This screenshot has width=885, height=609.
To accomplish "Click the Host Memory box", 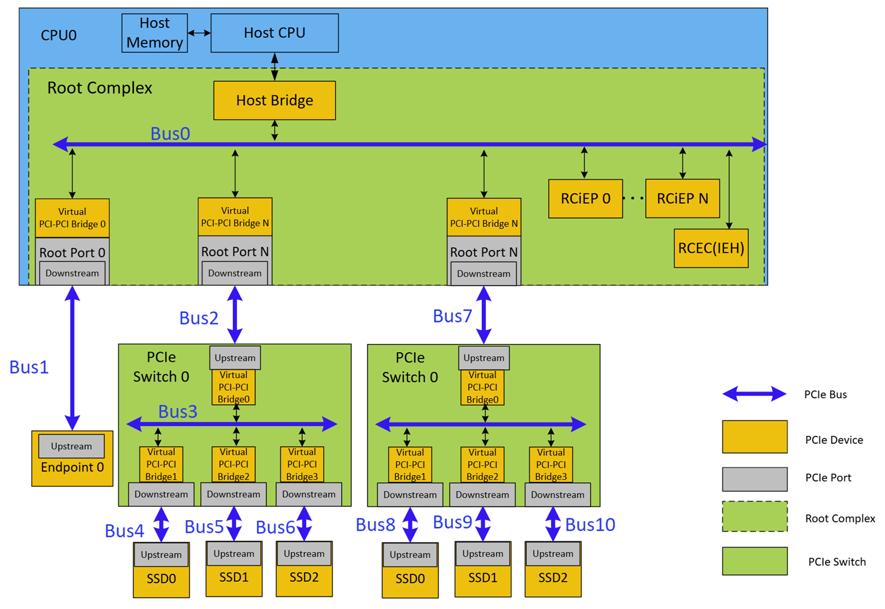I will tap(155, 33).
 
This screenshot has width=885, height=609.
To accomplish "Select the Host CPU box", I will tap(275, 33).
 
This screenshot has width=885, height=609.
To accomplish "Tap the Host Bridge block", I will tap(275, 100).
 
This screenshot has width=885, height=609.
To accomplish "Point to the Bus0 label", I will tap(170, 133).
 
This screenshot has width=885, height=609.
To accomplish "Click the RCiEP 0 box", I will tap(585, 199).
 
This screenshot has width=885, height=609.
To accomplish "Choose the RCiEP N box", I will tap(682, 199).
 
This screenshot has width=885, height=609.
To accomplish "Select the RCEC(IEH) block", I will tap(711, 248).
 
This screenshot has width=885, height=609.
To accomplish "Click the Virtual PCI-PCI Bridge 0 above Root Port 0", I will tap(72, 218).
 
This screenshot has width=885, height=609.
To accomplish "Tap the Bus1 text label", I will tap(29, 367).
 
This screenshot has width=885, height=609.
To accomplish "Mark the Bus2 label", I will tap(198, 318).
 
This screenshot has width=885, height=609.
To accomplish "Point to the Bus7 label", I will tap(452, 316).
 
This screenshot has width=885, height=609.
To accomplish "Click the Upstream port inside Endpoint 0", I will tap(72, 446).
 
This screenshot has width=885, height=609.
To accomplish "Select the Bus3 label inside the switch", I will tap(178, 412).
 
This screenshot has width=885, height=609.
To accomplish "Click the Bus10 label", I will tap(590, 525).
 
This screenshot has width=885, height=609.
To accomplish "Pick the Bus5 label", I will tap(204, 527).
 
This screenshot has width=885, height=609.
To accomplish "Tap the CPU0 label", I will tap(58, 35).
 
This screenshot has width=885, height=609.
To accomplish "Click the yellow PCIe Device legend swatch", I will tap(755, 437).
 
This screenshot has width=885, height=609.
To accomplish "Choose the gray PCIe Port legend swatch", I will tap(755, 479).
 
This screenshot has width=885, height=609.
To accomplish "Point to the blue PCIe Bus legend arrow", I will tap(755, 394).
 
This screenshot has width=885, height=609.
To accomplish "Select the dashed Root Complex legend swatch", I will tap(755, 516).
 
